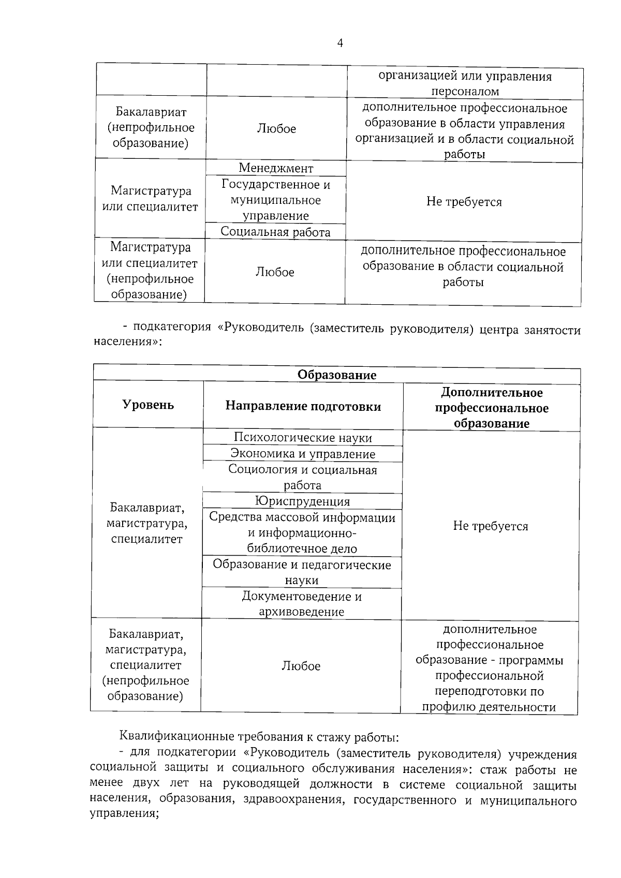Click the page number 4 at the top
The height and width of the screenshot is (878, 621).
pos(340,43)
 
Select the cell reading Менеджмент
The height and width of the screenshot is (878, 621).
pos(276,168)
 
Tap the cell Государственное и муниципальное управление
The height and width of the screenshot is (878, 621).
pos(276,200)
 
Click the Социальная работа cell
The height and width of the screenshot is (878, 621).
pos(275,232)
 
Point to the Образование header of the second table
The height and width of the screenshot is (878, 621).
pos(336,375)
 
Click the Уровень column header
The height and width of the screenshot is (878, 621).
pos(148,405)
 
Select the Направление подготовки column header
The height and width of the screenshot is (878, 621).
pos(303,406)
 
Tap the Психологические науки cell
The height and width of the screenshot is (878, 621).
pos(303,438)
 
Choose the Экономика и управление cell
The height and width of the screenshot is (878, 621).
pos(303,454)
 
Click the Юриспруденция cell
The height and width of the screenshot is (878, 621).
pos(302,501)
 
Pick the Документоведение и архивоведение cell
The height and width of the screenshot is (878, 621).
pos(302,604)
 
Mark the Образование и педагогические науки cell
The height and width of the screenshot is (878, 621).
pos(302,572)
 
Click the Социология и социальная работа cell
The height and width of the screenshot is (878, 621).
pos(303,477)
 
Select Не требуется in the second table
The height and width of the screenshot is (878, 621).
pos(490,526)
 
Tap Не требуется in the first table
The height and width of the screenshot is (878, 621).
pos(464,202)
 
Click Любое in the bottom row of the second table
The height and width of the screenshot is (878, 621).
pos(301,666)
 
